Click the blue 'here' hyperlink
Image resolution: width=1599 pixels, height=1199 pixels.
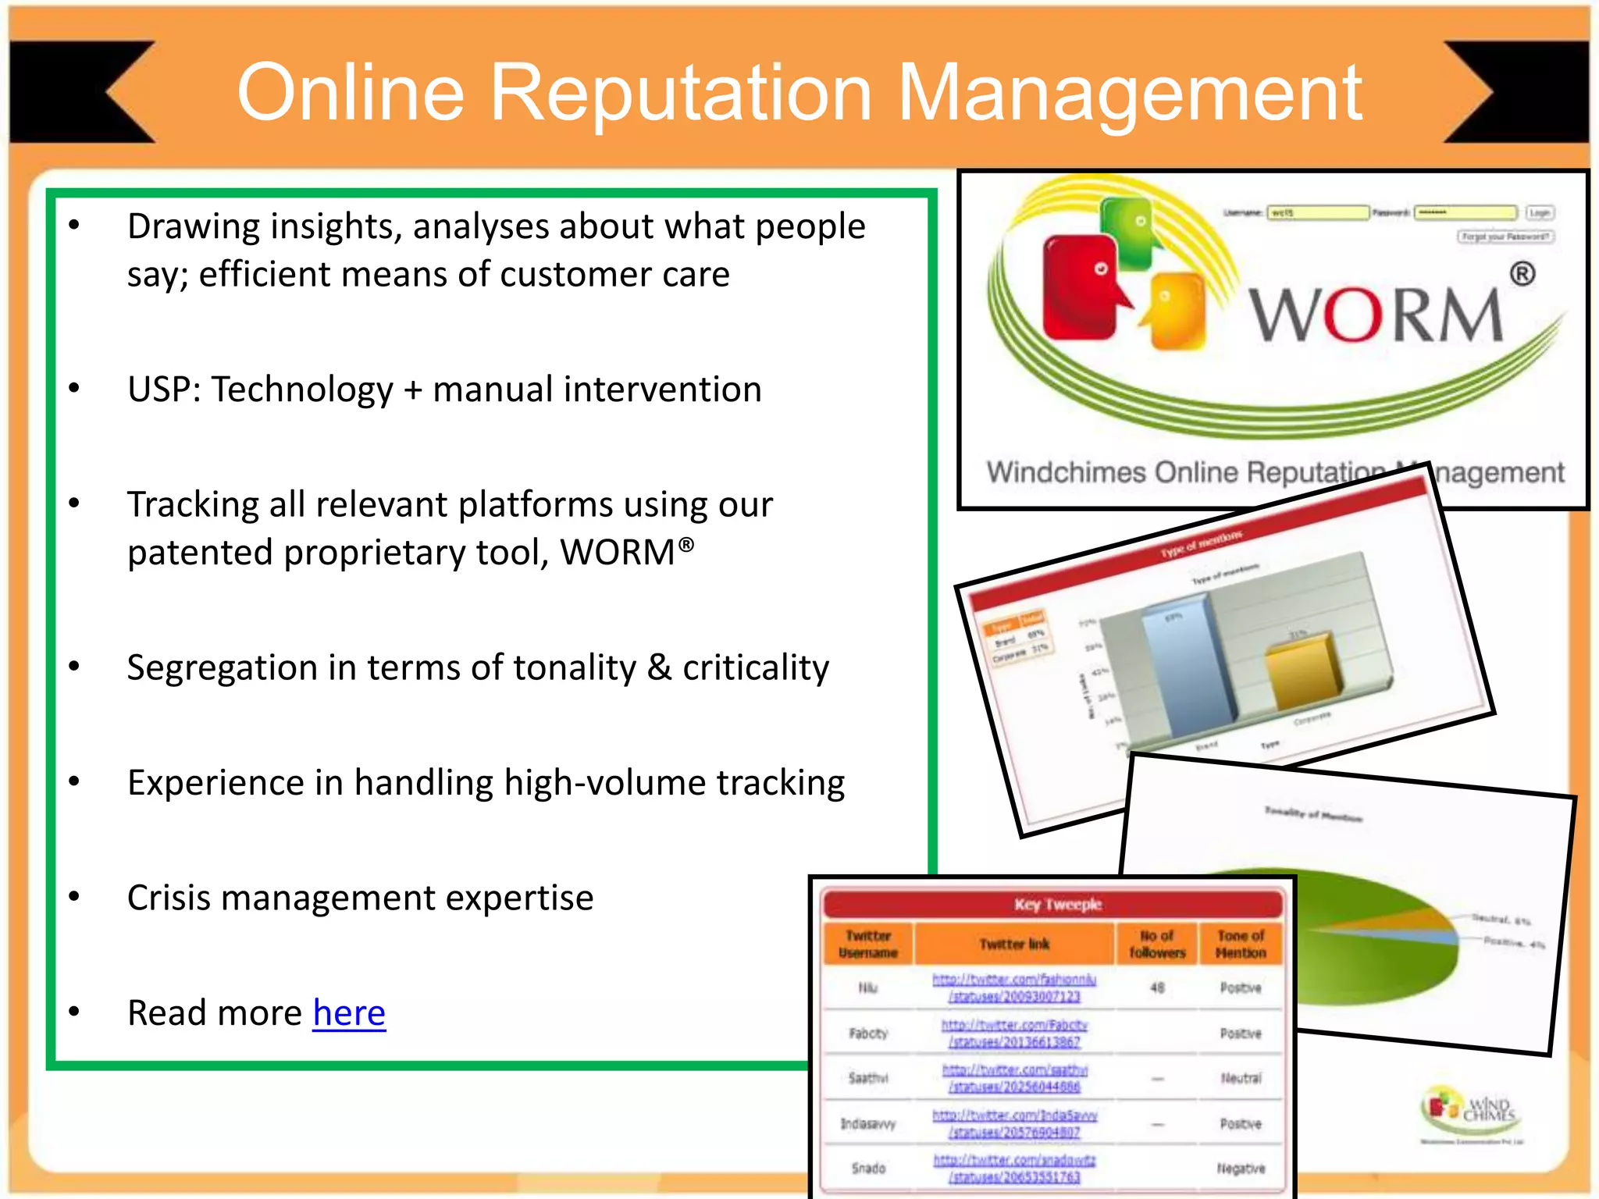(x=349, y=1013)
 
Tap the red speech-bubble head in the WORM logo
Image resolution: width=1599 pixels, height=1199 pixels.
(x=1081, y=289)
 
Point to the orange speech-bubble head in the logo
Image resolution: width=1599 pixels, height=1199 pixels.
(x=1175, y=308)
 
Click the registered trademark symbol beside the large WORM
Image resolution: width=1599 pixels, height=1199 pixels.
(x=1522, y=274)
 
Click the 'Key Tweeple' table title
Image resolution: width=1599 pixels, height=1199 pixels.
(x=1057, y=904)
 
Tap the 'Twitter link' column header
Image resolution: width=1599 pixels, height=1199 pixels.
(x=1014, y=944)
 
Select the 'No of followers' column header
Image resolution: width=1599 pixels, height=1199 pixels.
(x=1157, y=944)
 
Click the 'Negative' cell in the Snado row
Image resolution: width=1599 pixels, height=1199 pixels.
(x=1241, y=1169)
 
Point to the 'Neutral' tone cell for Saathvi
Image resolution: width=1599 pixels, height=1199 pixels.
(x=1241, y=1078)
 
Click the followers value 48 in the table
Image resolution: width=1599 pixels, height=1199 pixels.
(x=1157, y=987)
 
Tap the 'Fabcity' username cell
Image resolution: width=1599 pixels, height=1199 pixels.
(x=868, y=1034)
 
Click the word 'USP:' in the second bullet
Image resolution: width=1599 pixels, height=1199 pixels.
(x=164, y=390)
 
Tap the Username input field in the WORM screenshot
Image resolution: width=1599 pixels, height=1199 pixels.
(x=1317, y=212)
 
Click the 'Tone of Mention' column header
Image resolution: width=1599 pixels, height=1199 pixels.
(x=1241, y=944)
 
